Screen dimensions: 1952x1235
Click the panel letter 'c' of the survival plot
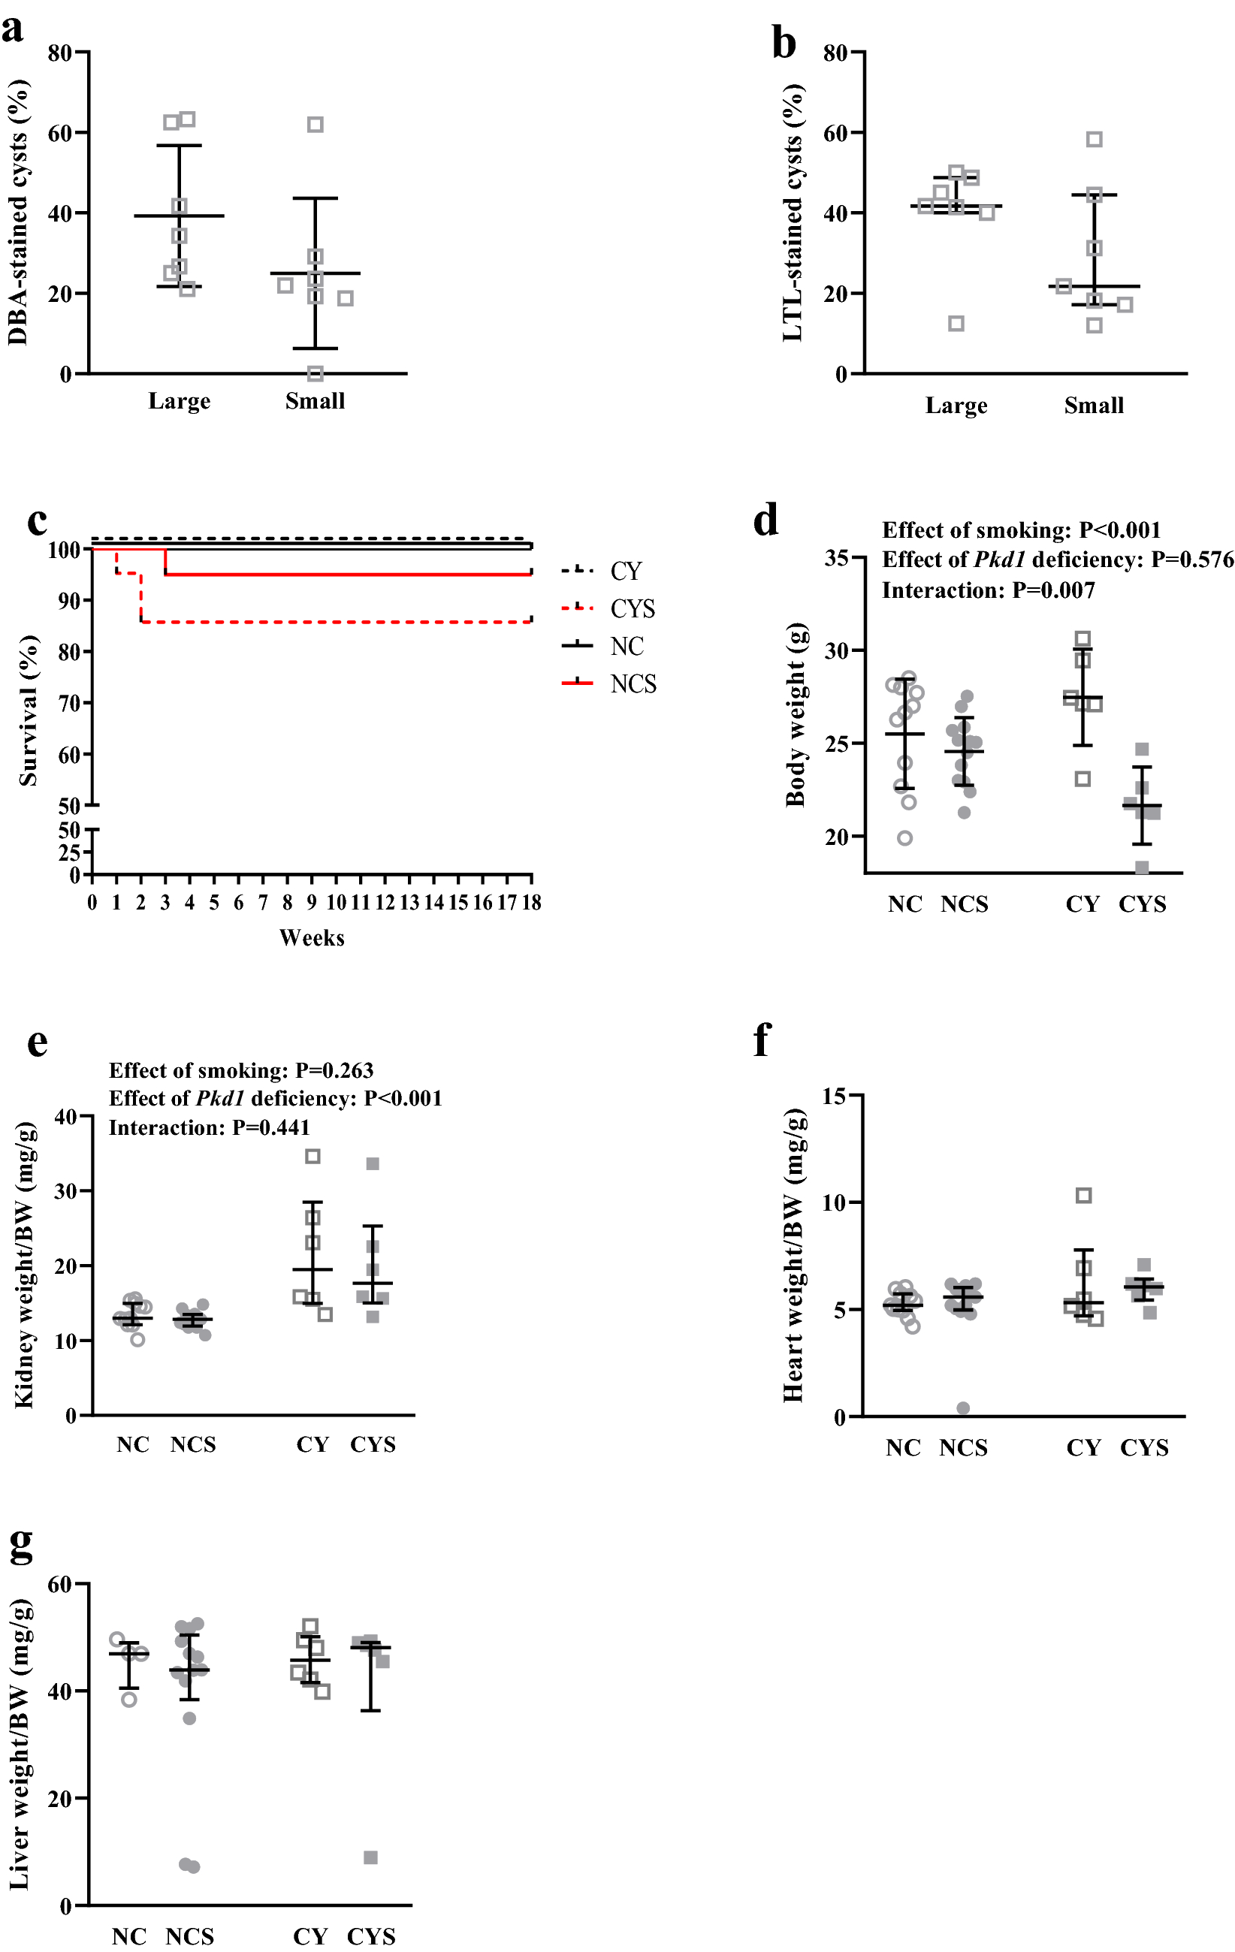[x=37, y=522]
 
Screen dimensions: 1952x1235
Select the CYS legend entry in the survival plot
[x=632, y=609]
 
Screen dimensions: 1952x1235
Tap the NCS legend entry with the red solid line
[x=633, y=684]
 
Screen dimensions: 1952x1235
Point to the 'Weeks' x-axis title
[x=312, y=938]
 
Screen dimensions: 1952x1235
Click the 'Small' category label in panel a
[x=315, y=401]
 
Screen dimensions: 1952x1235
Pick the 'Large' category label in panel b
[x=956, y=406]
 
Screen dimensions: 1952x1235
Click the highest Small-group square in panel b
[x=1094, y=140]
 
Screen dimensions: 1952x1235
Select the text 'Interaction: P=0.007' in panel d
[x=988, y=590]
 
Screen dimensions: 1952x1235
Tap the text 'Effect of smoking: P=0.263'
[x=241, y=1070]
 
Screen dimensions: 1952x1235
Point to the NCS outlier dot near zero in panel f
[x=962, y=1408]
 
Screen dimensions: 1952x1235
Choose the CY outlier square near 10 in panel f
[x=1083, y=1195]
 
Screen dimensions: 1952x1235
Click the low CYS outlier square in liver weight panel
[x=370, y=1857]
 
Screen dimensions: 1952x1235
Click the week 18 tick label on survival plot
[x=531, y=902]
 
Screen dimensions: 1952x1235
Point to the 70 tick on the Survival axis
[x=69, y=704]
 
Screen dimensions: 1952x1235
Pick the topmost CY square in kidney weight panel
[x=313, y=1156]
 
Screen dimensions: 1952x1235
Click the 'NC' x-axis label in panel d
[x=904, y=905]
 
